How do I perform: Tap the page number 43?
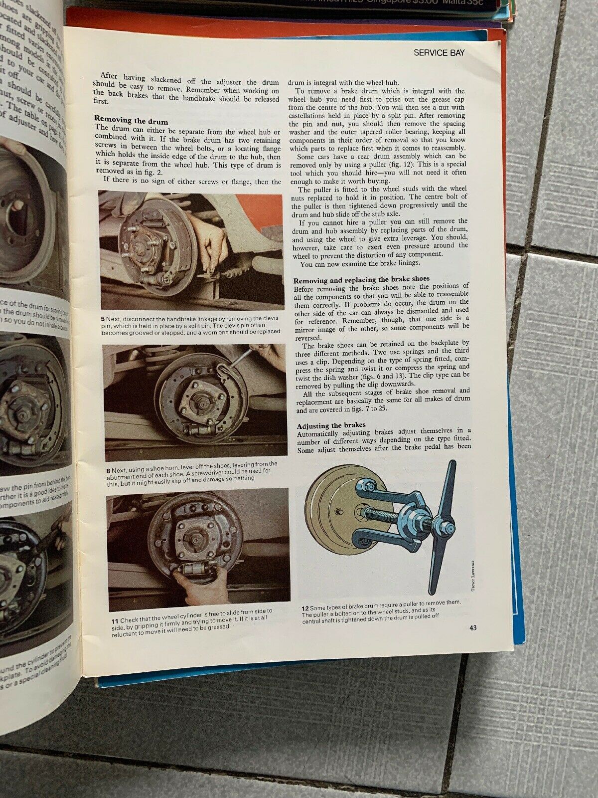[x=472, y=628]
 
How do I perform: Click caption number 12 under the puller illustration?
[x=304, y=608]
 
